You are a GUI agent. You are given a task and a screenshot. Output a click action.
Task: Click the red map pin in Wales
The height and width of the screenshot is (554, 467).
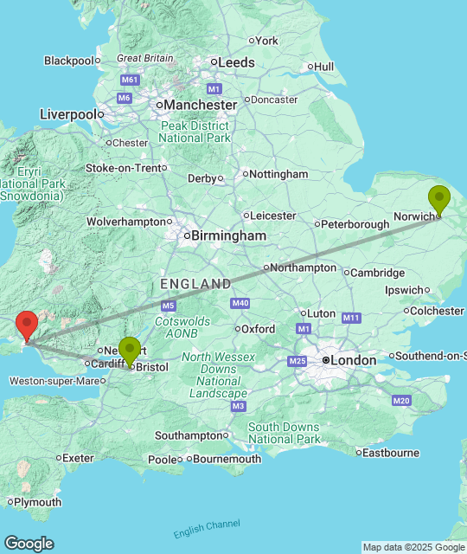[27, 325]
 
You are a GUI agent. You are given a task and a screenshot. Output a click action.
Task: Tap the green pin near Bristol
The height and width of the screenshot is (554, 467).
[130, 351]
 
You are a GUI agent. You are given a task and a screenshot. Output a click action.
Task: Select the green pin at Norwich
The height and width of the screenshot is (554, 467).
[439, 200]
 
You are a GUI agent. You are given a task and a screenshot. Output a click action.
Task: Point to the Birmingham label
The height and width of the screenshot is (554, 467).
[228, 235]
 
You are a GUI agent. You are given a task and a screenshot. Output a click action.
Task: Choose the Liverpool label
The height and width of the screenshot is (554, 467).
[67, 114]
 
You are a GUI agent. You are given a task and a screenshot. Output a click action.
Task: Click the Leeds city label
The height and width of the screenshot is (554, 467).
[236, 62]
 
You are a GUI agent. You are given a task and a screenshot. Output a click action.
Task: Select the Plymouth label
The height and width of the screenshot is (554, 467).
[39, 502]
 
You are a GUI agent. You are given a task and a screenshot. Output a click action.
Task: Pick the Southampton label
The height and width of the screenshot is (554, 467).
[189, 435]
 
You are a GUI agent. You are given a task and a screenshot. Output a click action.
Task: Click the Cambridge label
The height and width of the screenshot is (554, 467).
[378, 273]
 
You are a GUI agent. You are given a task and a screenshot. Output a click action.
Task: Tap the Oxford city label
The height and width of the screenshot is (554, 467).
[258, 329]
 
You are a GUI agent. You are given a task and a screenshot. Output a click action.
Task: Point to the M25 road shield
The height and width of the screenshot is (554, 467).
[297, 360]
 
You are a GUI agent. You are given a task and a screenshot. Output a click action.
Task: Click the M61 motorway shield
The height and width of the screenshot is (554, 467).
[131, 80]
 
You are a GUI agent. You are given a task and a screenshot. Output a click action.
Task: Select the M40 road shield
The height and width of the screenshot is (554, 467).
[240, 303]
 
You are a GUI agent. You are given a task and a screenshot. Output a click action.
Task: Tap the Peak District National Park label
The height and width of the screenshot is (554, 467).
[195, 132]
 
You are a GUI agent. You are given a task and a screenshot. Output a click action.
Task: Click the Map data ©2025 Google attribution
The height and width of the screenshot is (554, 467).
[413, 547]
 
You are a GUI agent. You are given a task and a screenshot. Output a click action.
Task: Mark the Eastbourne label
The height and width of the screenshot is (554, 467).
[391, 452]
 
